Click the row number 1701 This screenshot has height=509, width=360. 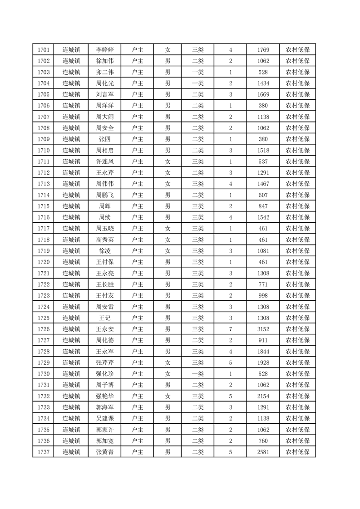point(44,50)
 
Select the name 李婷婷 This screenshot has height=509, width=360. point(105,50)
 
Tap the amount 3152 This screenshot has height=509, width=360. point(263,329)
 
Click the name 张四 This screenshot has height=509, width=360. point(105,139)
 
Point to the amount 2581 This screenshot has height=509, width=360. point(263,452)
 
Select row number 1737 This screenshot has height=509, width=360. point(44,452)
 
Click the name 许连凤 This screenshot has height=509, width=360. point(105,162)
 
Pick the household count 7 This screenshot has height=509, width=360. point(231,329)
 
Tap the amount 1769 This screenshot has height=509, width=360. point(263,50)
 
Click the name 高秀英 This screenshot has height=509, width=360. point(105,240)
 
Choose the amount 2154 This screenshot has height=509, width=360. point(263,396)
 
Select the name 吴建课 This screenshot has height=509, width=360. point(105,418)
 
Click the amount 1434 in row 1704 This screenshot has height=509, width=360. point(263,83)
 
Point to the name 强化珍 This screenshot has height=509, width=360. point(105,374)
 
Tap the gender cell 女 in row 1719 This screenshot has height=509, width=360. point(168,251)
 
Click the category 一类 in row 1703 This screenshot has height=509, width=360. point(197,72)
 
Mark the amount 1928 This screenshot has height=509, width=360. point(263,362)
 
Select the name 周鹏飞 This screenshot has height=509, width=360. point(105,195)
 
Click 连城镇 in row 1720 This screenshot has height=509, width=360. point(71,262)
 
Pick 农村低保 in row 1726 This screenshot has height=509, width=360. point(297,329)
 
